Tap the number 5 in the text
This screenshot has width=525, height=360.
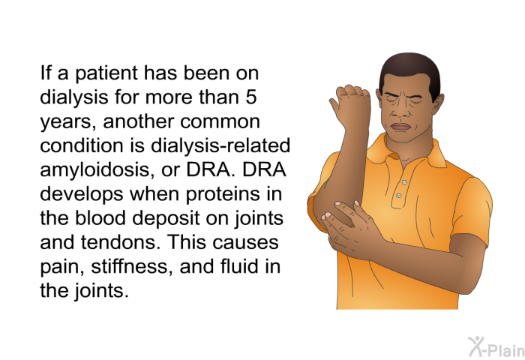251,97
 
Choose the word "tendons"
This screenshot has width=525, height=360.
118,242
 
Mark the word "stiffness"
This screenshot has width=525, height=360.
132,266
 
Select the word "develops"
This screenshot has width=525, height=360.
81,194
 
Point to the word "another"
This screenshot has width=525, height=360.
139,121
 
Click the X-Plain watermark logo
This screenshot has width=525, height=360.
496,347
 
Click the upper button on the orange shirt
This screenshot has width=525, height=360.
404,182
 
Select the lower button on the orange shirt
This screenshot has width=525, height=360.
398,195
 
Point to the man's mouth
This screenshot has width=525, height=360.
401,127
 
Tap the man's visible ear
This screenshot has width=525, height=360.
438,103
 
